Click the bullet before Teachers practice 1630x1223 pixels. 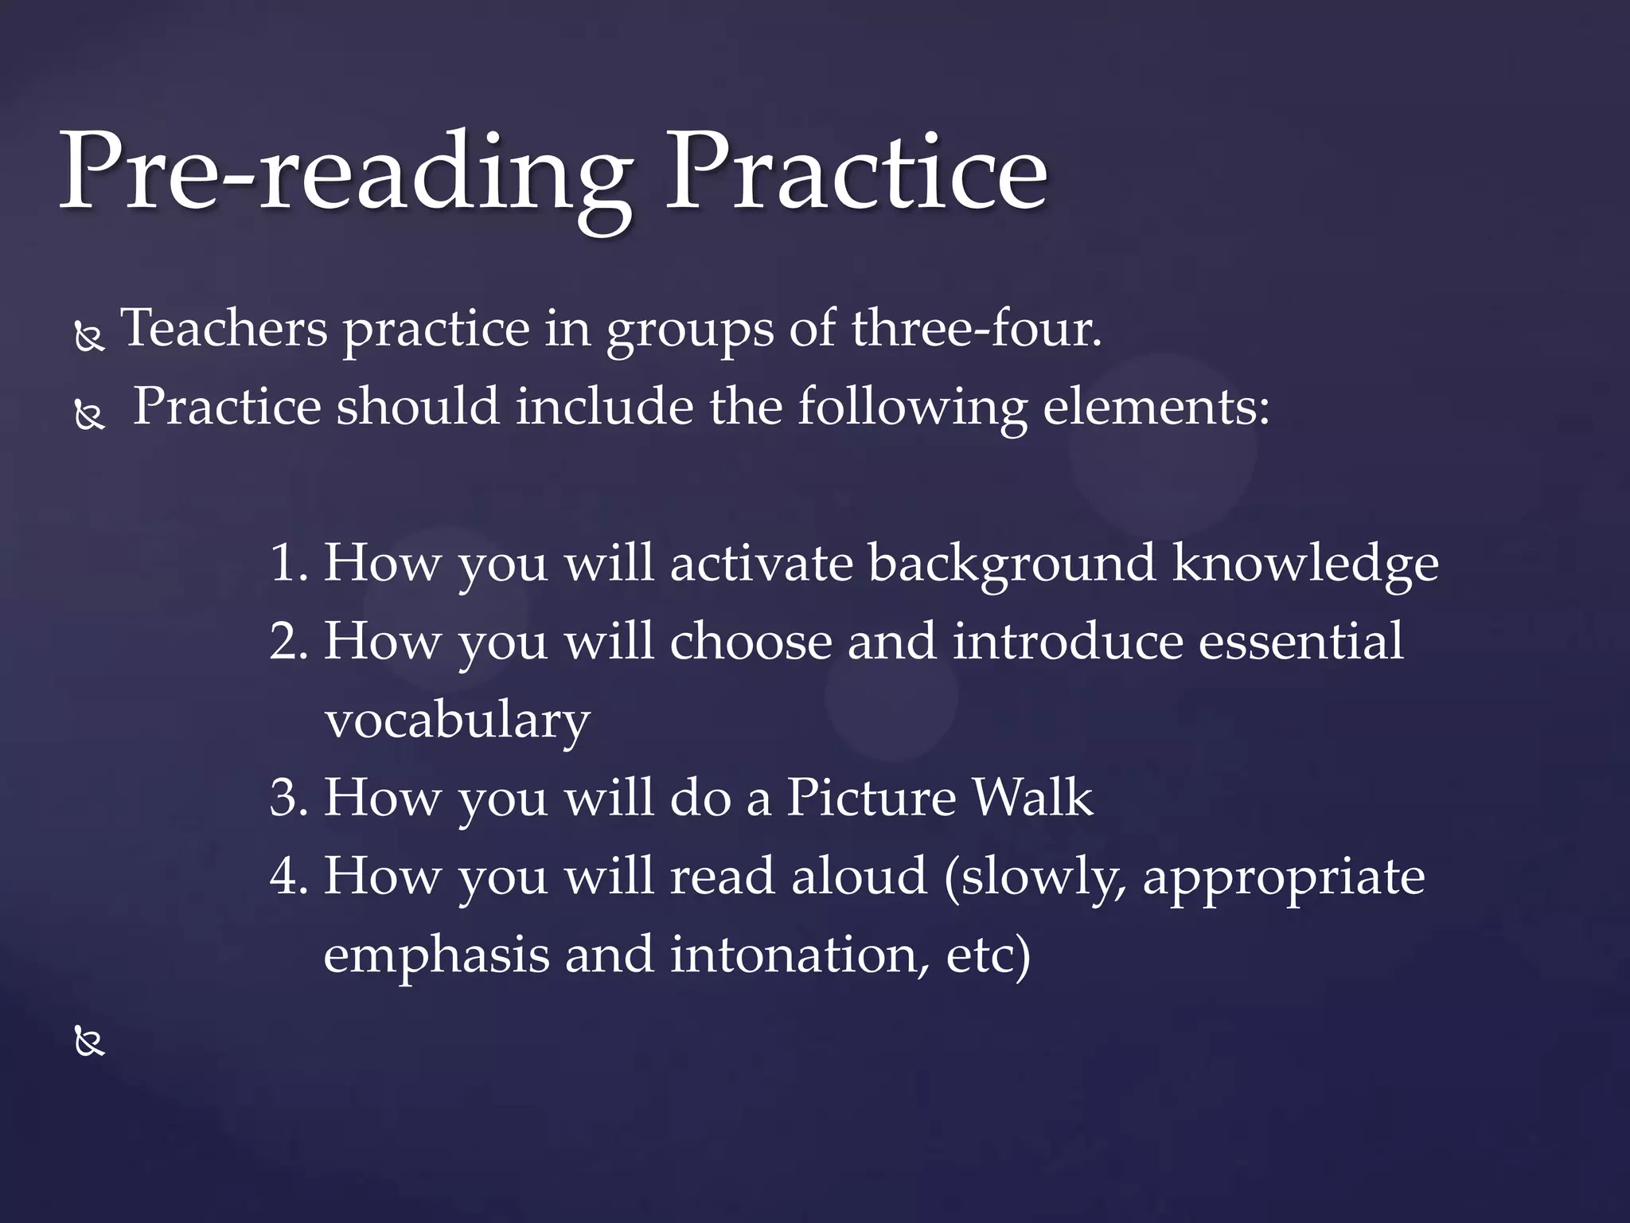click(x=89, y=338)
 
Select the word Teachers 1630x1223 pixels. click(x=224, y=328)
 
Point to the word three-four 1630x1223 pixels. click(x=976, y=328)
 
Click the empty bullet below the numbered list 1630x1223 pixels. click(x=89, y=1041)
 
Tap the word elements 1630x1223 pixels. click(x=1156, y=406)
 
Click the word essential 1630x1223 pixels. click(x=1300, y=640)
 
